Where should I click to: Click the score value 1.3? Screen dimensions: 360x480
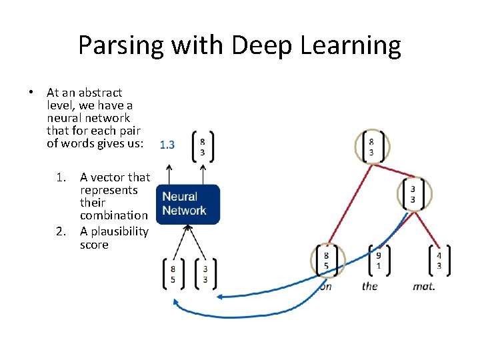[167, 145]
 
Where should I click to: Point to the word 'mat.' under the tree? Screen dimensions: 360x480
[423, 286]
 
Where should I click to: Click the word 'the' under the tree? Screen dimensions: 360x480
[369, 286]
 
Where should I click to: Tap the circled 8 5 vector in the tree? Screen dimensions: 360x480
[327, 260]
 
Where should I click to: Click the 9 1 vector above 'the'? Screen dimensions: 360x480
[379, 260]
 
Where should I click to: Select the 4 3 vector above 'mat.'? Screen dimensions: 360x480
[438, 260]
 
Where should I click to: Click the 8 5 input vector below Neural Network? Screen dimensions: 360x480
[173, 274]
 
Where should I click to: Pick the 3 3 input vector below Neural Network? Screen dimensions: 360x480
[205, 274]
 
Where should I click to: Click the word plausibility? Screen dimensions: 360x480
[114, 232]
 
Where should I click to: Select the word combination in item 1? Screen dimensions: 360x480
[114, 215]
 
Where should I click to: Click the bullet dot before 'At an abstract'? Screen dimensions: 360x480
[31, 93]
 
